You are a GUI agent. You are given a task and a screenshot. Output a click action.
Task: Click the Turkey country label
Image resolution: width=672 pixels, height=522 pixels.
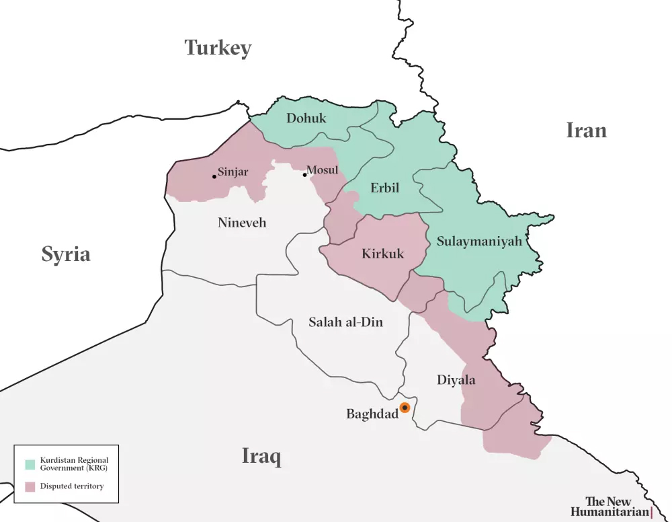click(218, 48)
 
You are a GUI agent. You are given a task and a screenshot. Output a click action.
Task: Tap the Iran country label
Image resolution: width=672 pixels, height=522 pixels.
click(586, 130)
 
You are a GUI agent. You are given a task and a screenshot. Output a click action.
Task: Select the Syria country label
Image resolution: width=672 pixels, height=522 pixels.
click(66, 254)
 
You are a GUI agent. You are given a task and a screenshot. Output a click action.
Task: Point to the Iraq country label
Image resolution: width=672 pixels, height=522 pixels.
click(261, 457)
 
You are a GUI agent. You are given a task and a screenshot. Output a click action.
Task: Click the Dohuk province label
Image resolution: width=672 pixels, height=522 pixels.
click(306, 118)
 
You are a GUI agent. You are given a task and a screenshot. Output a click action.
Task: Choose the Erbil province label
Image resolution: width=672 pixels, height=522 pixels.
click(385, 188)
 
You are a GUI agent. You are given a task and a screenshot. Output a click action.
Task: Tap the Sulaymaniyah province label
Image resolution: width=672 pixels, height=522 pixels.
click(479, 241)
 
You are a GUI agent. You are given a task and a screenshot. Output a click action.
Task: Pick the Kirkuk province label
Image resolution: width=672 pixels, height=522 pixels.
click(383, 254)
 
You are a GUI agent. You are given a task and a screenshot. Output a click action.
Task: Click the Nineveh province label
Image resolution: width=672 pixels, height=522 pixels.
click(242, 223)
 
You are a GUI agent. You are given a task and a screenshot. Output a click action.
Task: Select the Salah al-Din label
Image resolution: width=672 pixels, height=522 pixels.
click(345, 322)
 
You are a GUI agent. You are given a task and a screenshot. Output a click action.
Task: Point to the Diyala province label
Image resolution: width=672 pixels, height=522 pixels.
click(456, 380)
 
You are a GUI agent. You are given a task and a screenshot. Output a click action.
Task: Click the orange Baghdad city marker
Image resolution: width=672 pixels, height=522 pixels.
click(405, 408)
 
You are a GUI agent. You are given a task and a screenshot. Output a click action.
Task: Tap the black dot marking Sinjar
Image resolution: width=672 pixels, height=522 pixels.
click(214, 176)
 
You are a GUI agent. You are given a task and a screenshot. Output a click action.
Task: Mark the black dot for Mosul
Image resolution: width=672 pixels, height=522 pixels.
click(304, 175)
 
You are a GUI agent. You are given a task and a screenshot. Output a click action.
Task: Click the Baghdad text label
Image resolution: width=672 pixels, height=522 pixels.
click(372, 414)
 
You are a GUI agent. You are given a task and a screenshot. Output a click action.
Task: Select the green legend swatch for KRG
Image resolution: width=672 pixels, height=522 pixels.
click(30, 464)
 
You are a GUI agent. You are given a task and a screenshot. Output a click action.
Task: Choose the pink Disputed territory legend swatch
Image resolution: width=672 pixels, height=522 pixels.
click(30, 486)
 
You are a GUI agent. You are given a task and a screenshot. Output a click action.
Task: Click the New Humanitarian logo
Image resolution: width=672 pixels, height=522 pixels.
click(610, 507)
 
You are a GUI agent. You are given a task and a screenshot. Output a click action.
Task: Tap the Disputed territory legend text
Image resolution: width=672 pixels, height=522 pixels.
click(72, 486)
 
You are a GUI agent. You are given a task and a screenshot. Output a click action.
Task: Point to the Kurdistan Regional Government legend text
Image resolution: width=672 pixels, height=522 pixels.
click(74, 464)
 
